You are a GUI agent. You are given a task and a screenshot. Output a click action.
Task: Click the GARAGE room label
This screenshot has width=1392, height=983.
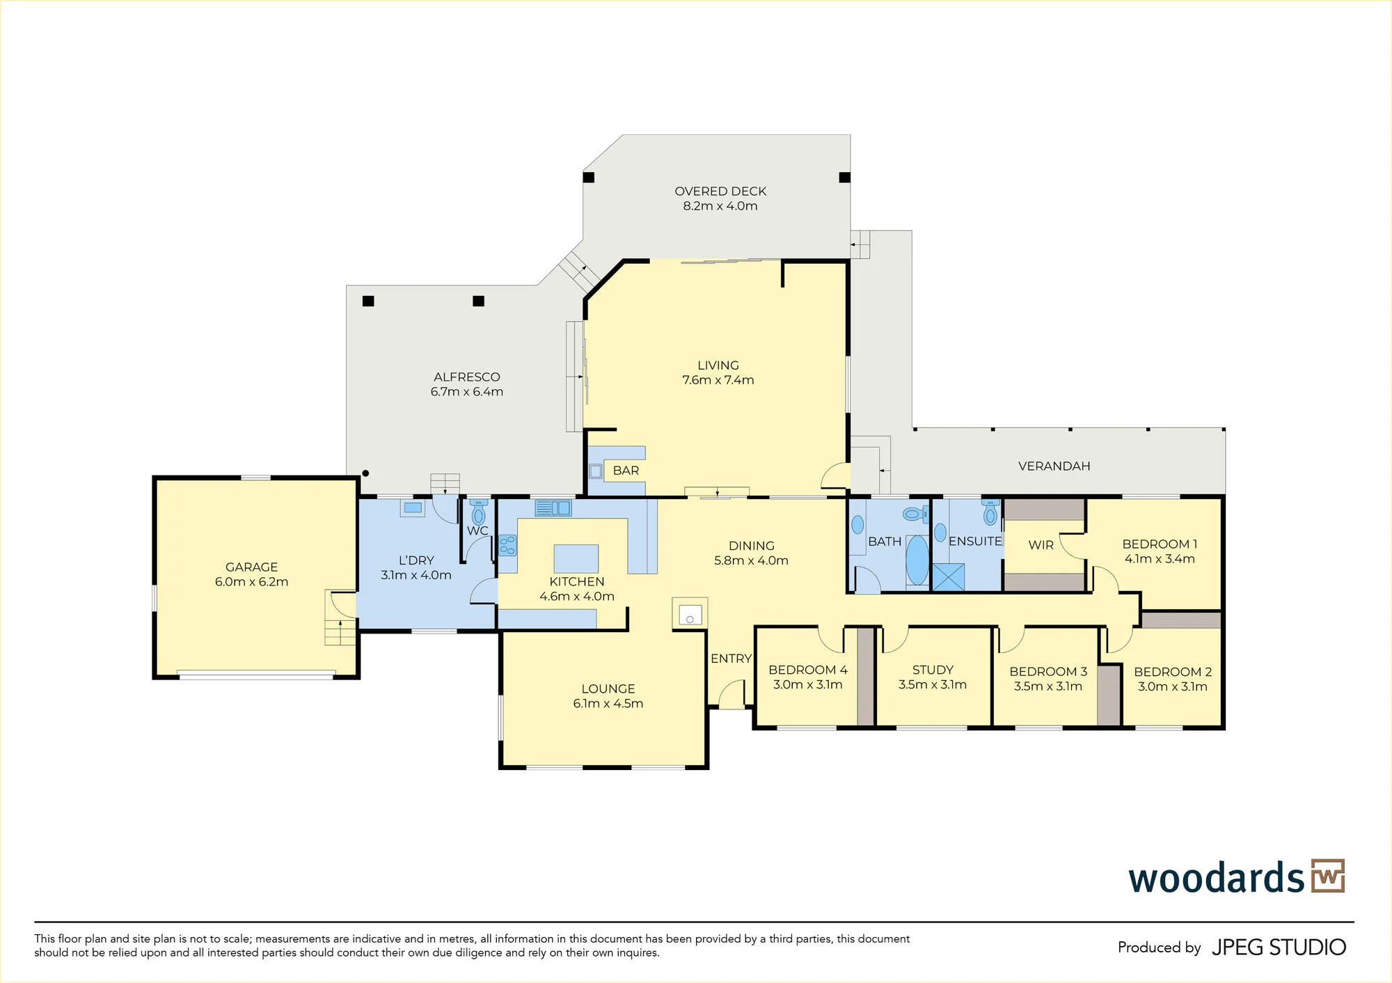pos(251,567)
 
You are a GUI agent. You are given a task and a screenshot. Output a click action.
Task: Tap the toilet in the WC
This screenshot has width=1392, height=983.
pos(478,512)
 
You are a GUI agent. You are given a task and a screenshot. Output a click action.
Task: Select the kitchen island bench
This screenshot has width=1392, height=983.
pos(576,558)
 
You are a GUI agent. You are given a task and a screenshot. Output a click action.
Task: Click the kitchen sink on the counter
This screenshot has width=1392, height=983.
pos(553,508)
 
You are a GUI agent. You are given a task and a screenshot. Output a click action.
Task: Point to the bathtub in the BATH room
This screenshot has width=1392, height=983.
pos(917,560)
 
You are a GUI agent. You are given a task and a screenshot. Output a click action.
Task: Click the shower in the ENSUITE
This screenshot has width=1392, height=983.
pos(947,577)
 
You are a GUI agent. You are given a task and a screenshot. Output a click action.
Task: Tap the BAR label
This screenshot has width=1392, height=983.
pos(626,471)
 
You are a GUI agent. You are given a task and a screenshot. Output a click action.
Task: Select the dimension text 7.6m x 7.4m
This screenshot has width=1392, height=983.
pos(718,380)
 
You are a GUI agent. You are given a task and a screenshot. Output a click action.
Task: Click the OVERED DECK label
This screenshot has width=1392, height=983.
pos(720,191)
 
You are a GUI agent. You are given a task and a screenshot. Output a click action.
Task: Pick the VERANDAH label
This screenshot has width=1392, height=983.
pos(1054,466)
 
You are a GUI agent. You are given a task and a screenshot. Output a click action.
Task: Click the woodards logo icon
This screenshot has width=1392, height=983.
pos(1328,876)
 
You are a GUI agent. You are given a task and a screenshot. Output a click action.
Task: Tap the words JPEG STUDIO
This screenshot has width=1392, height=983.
pos(1279,947)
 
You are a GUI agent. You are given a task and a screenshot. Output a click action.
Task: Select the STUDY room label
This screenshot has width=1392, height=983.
pos(933,670)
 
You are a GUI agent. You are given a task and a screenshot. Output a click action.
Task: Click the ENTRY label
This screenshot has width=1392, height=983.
pos(731,659)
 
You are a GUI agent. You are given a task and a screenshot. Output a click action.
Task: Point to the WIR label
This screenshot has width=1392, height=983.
pos(1041,545)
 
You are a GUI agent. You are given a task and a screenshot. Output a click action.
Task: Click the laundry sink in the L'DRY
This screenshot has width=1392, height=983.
pos(413,508)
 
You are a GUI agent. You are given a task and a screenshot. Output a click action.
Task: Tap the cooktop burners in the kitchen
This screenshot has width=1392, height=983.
pos(507,545)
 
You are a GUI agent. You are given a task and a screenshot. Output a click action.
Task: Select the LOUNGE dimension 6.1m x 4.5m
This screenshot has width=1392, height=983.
pos(608,704)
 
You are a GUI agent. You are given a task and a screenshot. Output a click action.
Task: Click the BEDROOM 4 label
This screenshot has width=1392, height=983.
pos(807,670)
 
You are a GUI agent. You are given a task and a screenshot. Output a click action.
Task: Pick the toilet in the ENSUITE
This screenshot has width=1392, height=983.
pos(990,512)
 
